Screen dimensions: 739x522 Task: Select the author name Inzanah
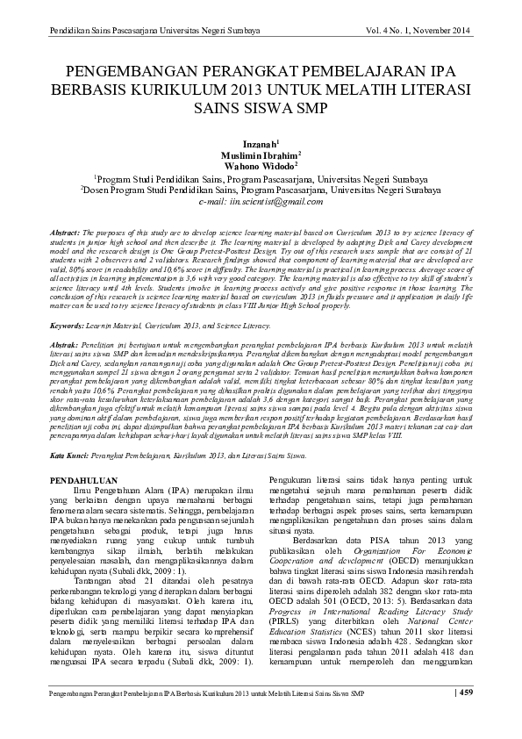259,141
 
